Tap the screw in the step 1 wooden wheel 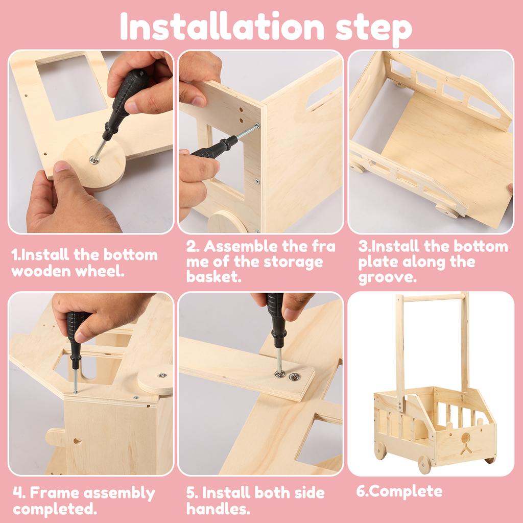94,160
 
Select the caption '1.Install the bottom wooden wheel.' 84,262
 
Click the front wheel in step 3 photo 447,210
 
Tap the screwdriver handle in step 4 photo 76,332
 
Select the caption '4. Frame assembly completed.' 84,501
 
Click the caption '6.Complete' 392,491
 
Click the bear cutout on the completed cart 465,443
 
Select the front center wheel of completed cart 424,464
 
